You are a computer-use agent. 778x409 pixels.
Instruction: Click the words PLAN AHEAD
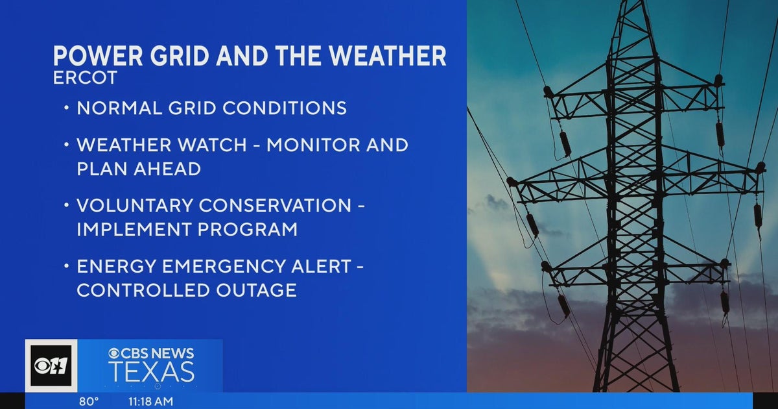point(139,169)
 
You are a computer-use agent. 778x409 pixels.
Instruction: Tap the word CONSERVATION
point(275,205)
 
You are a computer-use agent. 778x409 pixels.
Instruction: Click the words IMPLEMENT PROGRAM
point(187,229)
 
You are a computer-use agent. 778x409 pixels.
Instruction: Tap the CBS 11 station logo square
point(51,366)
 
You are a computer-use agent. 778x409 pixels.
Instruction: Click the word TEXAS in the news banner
point(151,372)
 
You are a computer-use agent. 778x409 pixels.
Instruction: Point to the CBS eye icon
point(114,354)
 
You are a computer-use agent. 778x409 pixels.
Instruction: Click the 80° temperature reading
point(89,401)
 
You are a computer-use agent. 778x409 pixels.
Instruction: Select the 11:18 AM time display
point(150,401)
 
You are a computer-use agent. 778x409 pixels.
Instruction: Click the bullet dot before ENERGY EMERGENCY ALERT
point(67,266)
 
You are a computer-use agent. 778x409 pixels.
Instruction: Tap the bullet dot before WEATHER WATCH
point(67,145)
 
